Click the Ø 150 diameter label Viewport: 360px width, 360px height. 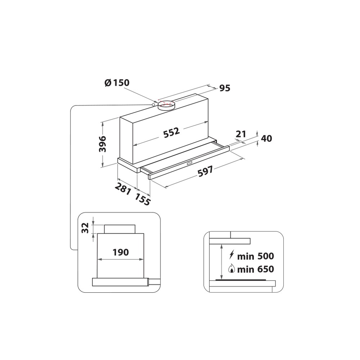coord(117,83)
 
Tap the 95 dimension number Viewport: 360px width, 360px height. coord(224,88)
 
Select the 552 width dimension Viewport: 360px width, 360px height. coord(171,132)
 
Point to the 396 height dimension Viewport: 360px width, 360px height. coord(103,144)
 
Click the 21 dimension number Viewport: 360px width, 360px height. coord(240,134)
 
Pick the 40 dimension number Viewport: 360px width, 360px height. coord(267,139)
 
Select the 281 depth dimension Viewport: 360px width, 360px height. coord(122,188)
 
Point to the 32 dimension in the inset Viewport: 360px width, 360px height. coord(85,228)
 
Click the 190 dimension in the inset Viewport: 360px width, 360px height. coord(120,252)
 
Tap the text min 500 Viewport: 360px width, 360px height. coord(256,256)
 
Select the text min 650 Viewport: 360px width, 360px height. coord(256,269)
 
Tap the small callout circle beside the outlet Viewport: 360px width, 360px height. coord(154,105)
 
